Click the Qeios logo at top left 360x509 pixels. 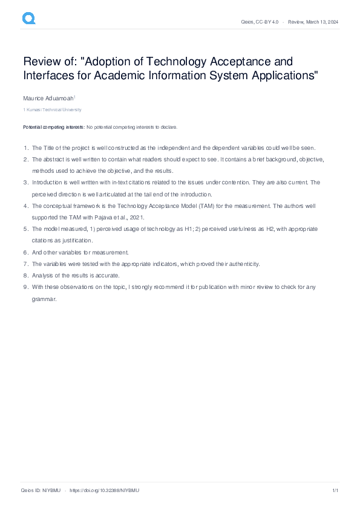[28, 19]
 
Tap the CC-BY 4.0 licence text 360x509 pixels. [266, 22]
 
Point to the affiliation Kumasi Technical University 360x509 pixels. [53, 110]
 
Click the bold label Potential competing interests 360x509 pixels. [54, 128]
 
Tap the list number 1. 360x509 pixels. [25, 148]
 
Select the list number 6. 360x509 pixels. [25, 252]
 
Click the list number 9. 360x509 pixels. [25, 287]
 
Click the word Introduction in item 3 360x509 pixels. [48, 183]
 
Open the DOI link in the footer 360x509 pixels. [105, 490]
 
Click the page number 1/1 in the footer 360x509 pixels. [335, 490]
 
